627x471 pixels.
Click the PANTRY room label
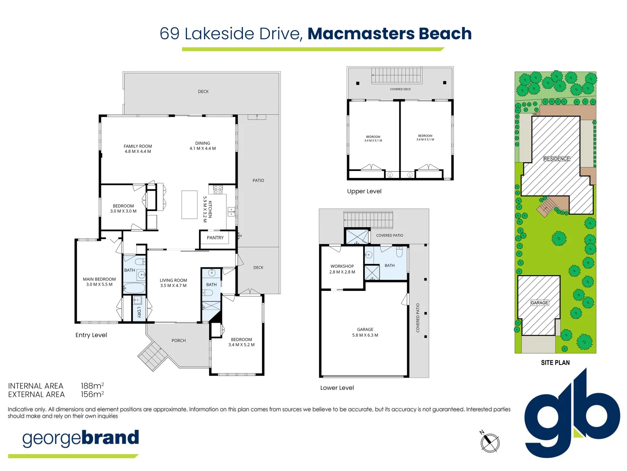(215, 238)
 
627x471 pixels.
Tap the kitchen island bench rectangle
(189, 205)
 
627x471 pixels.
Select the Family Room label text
(138, 146)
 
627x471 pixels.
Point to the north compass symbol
(490, 443)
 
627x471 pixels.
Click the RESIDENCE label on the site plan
(556, 159)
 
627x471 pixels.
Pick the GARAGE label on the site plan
(539, 303)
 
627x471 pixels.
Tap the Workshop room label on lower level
(342, 266)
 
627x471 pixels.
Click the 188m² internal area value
(92, 386)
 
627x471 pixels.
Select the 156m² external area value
(92, 395)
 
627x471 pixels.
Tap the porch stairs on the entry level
(152, 355)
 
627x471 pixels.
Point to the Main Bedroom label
(99, 279)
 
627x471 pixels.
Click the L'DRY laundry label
(139, 312)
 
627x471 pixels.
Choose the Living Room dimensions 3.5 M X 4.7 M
(173, 286)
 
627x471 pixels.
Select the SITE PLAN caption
(555, 362)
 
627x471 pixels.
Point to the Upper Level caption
(364, 191)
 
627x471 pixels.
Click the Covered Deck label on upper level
(400, 89)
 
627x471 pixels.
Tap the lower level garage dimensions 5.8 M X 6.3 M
(365, 335)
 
